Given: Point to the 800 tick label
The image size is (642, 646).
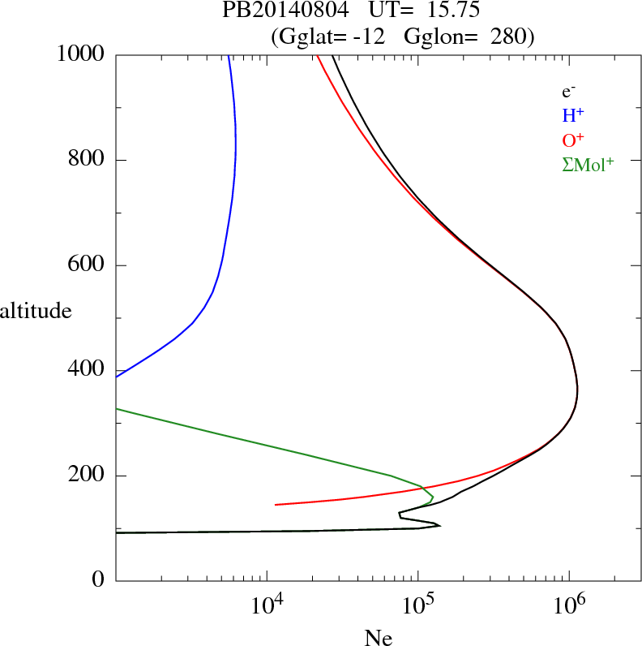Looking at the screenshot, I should [87, 160].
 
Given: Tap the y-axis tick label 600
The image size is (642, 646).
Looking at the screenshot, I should [87, 265].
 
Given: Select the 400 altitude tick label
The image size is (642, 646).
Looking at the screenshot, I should [87, 371].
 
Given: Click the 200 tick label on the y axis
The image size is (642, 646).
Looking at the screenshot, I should [87, 476].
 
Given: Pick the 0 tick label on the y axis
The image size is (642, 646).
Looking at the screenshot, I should [98, 581].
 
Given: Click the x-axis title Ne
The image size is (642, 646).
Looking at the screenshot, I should [378, 638].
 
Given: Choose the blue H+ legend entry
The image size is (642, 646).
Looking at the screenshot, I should [572, 115].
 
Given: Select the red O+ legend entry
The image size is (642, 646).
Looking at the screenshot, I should [573, 140].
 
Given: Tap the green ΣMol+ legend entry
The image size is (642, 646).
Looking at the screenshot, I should [587, 164].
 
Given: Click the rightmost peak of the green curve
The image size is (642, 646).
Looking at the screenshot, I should [433, 496].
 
